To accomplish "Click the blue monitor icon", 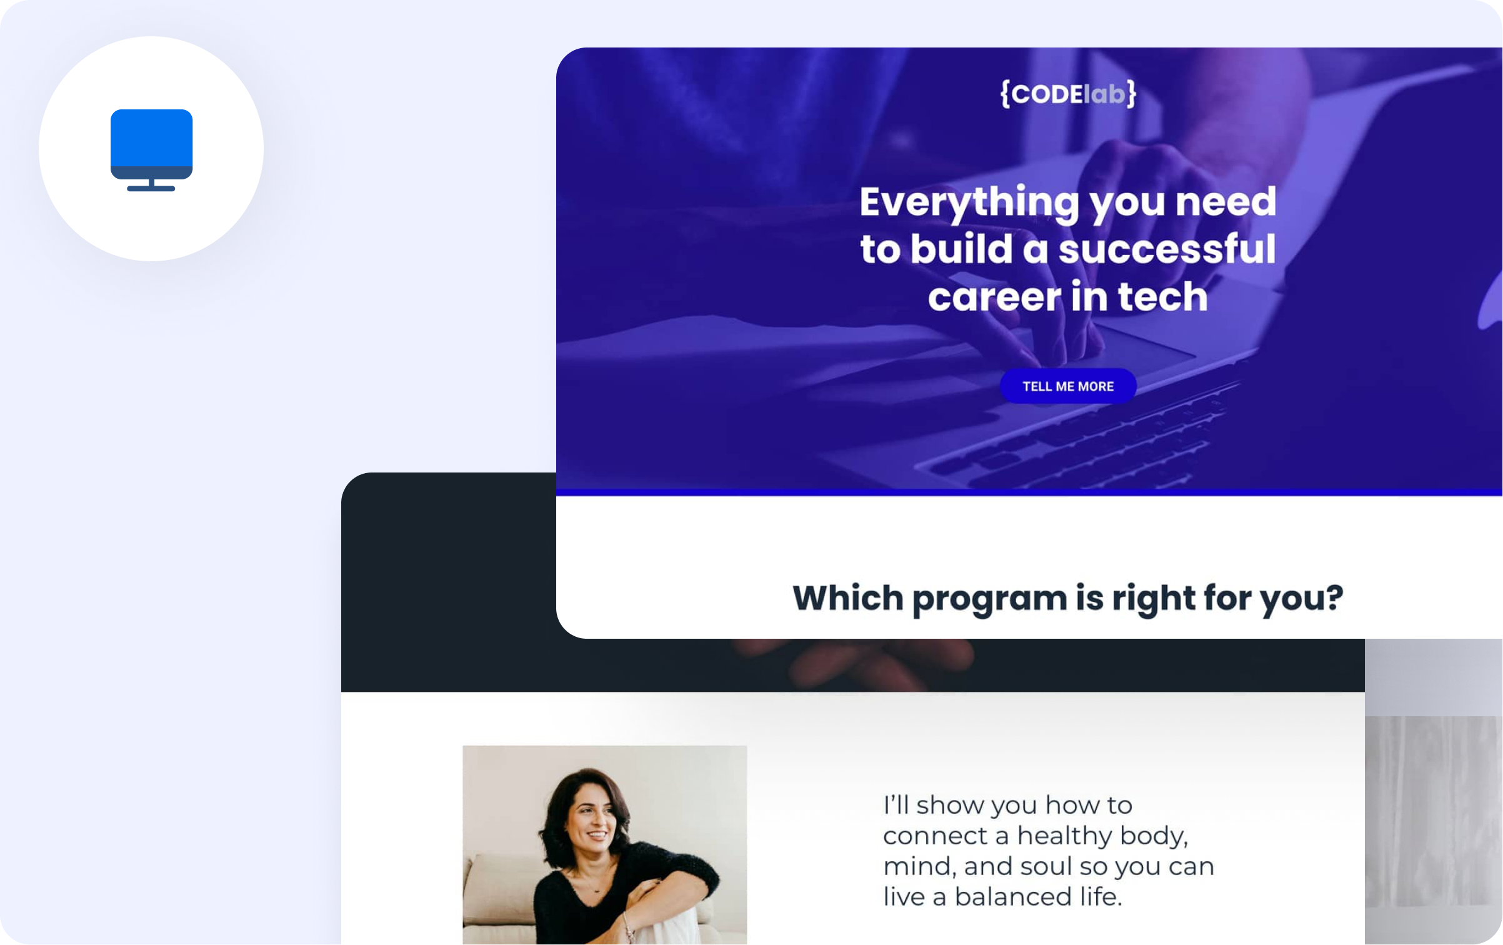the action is tap(151, 150).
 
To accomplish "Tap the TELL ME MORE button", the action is tap(1068, 386).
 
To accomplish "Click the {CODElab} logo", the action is tap(1068, 94).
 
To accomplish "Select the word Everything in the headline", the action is tap(969, 203).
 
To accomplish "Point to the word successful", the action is tap(1167, 249).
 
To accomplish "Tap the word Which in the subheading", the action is tap(848, 597).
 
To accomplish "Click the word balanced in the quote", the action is tap(1013, 897).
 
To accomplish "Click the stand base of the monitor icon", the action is tap(151, 188).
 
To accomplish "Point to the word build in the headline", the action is tap(961, 249).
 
